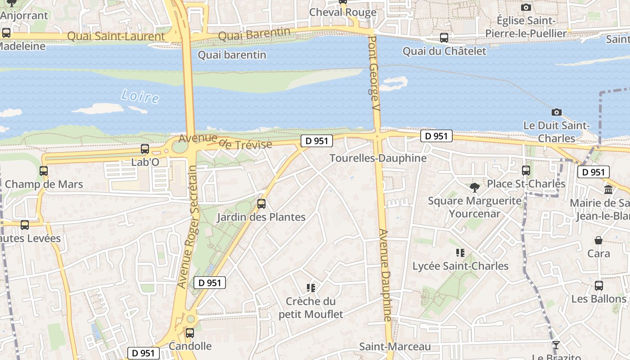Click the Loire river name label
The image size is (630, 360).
pos(140,96)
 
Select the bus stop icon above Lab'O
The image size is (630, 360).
pos(145,149)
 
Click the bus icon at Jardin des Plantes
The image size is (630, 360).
pos(261,204)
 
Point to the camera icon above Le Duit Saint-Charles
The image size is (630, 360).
pos(557,112)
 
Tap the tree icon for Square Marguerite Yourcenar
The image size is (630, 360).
pos(474,187)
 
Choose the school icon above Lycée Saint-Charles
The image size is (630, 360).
pos(460,253)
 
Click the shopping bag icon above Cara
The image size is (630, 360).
pos(598,240)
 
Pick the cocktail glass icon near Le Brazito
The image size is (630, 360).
pos(556,345)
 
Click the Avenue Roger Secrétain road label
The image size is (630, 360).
pos(188,226)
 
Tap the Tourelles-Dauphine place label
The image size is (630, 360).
pos(378,158)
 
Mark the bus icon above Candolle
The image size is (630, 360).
pos(190,333)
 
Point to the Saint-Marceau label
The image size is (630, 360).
pos(395,346)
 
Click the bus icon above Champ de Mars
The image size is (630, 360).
pos(44,171)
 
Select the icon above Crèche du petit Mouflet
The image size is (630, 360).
pos(310,288)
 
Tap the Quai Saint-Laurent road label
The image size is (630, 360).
pos(116,36)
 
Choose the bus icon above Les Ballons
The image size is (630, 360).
pos(599,286)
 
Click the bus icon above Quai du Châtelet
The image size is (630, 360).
pos(444,38)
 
